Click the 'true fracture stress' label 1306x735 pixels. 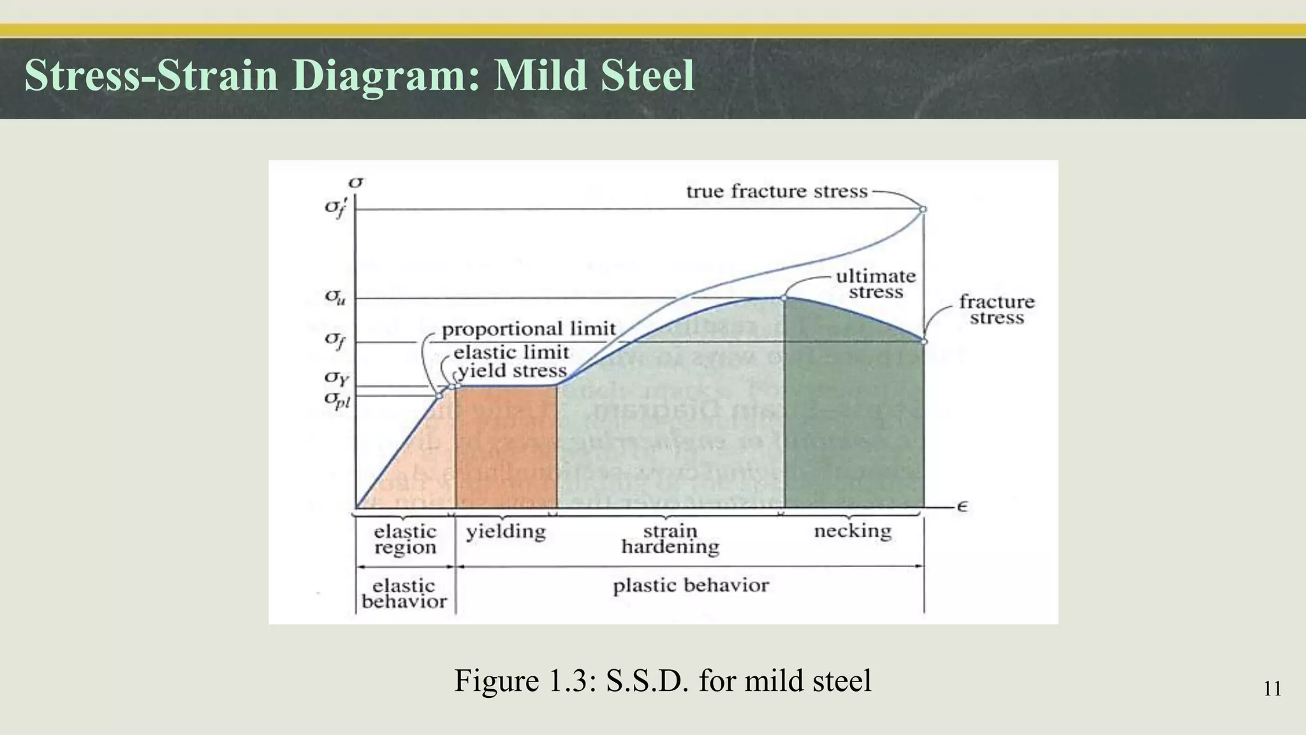pos(777,191)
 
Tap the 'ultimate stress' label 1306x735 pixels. pos(876,284)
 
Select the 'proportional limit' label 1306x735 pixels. pos(529,329)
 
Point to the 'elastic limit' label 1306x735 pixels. pos(511,352)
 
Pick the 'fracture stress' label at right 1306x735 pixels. pos(997,309)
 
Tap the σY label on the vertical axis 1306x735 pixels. pos(337,378)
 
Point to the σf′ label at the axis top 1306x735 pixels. pos(335,207)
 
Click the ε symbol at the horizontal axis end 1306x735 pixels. pos(962,507)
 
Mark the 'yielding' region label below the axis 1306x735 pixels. pos(506,531)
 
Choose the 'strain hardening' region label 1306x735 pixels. pos(670,539)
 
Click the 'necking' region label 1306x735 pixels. pos(853,531)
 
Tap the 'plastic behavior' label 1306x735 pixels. pos(691,586)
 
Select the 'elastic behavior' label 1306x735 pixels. pos(404,593)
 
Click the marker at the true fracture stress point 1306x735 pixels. pos(923,209)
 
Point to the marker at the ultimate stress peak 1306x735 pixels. pos(784,298)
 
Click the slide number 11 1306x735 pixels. pos(1272,689)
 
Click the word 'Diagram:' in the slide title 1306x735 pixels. pos(386,75)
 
